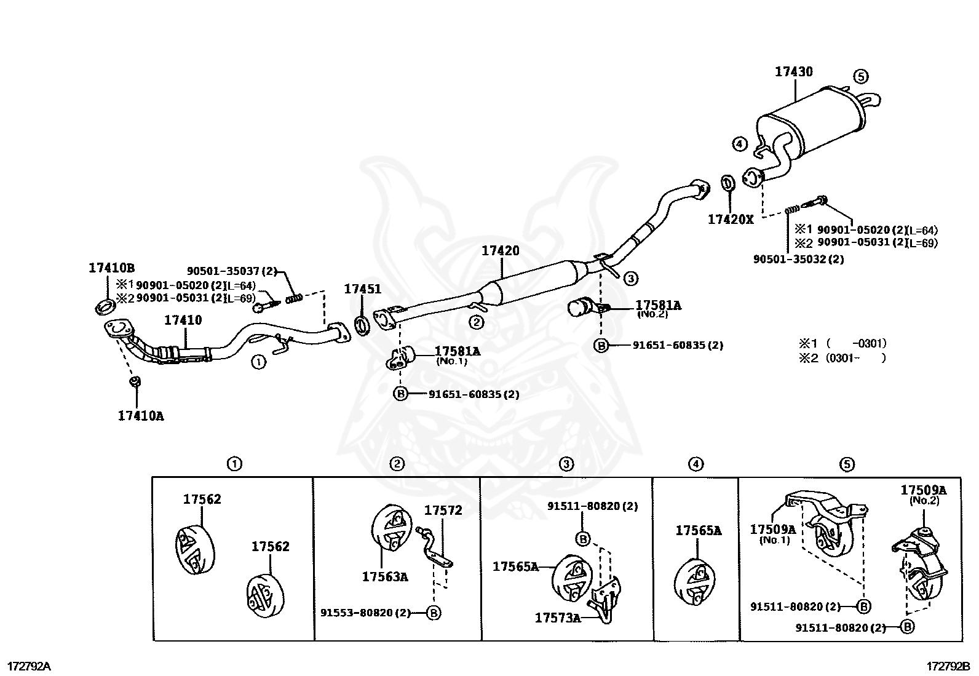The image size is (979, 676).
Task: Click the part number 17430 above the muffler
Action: (x=793, y=72)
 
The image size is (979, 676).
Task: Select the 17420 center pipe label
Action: (x=500, y=251)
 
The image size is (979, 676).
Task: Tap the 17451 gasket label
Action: (x=362, y=289)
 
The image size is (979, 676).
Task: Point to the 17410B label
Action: (x=111, y=268)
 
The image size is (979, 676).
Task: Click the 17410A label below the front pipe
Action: (x=141, y=416)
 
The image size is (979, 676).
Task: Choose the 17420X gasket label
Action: (x=730, y=219)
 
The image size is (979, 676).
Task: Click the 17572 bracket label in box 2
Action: (x=443, y=511)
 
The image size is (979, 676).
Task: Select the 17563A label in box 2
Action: (x=385, y=577)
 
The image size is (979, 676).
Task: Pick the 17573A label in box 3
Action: (x=557, y=618)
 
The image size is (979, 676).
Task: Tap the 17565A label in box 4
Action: (x=698, y=530)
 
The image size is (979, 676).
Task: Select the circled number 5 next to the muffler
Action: (x=861, y=76)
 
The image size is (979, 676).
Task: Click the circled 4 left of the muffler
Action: (x=739, y=145)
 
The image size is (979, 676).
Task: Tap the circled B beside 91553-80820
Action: (x=434, y=613)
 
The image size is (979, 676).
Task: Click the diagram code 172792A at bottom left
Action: (x=29, y=667)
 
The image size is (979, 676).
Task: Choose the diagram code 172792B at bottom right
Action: (x=948, y=667)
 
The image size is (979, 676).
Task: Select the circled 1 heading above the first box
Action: (x=234, y=464)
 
